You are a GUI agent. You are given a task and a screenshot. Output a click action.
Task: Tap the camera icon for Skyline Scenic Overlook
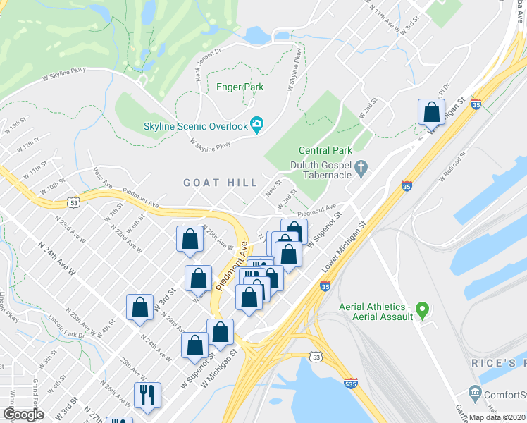(x=256, y=125)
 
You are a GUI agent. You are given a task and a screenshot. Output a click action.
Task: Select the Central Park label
(x=325, y=150)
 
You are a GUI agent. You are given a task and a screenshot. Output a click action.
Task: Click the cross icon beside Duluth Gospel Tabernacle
(x=361, y=168)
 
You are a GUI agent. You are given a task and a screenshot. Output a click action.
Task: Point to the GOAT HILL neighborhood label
(x=221, y=182)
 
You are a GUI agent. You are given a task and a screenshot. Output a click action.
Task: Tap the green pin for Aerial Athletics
(x=422, y=308)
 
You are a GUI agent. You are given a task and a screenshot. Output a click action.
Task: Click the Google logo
(x=23, y=414)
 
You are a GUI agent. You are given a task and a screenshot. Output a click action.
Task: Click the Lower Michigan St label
(x=345, y=250)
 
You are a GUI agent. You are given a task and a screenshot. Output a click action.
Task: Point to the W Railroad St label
(x=452, y=166)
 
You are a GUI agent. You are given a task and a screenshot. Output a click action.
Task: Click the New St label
(x=273, y=190)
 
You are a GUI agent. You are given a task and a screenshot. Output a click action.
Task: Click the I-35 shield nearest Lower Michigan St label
(x=325, y=287)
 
